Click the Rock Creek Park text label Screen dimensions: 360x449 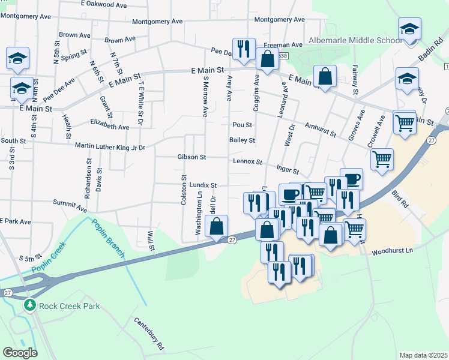69,306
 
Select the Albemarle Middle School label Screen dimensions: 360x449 355,40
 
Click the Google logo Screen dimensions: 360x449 20,353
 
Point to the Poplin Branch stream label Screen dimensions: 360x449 107,238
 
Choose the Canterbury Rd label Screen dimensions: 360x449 148,333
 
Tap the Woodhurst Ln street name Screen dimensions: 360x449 393,251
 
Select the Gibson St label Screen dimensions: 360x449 191,157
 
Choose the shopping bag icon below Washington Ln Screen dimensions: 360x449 216,226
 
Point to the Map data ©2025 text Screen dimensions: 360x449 424,355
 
